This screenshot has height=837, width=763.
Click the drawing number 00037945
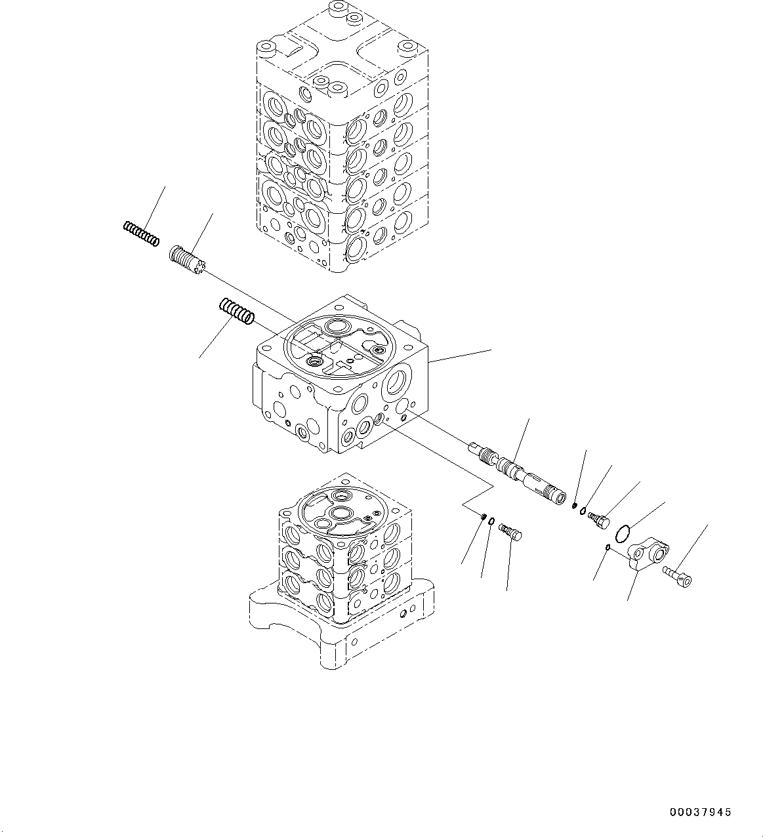click(x=700, y=812)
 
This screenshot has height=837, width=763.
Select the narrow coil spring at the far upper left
click(x=140, y=233)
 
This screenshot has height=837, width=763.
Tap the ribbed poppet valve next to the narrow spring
click(x=188, y=260)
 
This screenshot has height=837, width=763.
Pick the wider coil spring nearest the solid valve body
click(x=236, y=310)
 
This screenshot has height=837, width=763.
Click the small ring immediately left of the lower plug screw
click(x=491, y=522)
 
